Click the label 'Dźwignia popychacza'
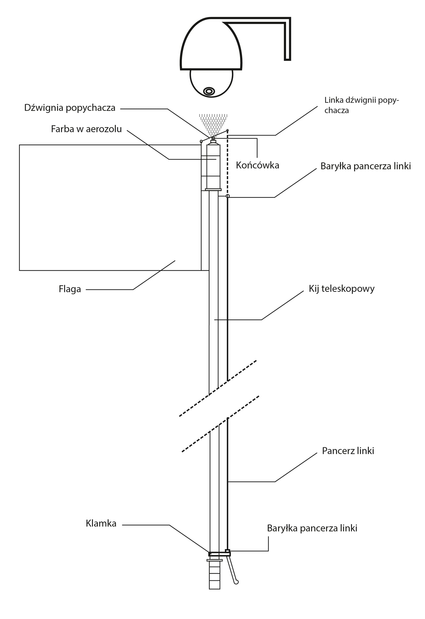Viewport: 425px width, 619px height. point(70,108)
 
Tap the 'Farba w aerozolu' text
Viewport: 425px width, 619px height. point(86,129)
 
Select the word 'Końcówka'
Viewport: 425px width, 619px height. point(257,165)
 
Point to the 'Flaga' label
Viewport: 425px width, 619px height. point(70,289)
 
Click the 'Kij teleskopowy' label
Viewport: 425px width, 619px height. point(341,289)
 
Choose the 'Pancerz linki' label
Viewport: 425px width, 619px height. point(348,451)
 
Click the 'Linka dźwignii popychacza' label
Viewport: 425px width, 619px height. point(361,105)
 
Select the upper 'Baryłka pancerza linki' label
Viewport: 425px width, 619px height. point(365,166)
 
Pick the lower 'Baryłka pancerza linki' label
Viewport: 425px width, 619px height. point(312,528)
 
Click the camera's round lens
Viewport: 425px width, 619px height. point(209,91)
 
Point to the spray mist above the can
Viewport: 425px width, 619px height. point(213,122)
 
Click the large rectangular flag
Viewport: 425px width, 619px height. point(109,207)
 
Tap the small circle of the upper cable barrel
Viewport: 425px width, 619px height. point(228,196)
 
